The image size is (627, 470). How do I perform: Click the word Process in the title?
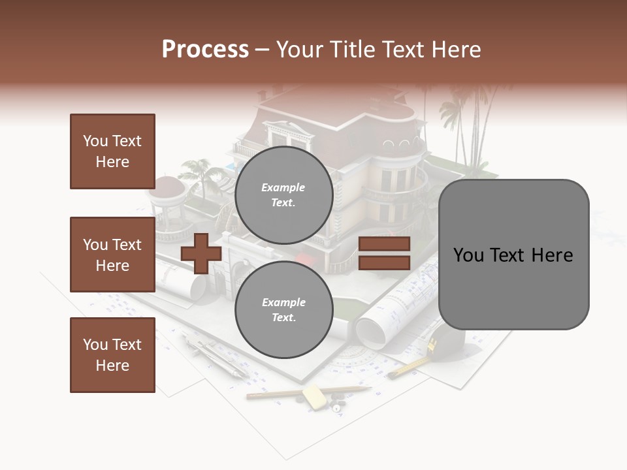click(205, 50)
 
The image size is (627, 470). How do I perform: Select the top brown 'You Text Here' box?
click(112, 151)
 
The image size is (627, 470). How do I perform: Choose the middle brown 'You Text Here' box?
click(112, 255)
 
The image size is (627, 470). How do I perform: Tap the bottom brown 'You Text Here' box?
click(112, 355)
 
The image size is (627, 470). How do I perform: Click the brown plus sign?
click(201, 253)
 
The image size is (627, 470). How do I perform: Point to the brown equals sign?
click(384, 253)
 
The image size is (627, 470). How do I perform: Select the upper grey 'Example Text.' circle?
click(283, 195)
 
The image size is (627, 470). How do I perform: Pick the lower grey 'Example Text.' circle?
click(283, 309)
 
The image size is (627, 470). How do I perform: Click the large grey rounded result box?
click(513, 255)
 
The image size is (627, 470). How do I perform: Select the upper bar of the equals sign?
click(384, 243)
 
